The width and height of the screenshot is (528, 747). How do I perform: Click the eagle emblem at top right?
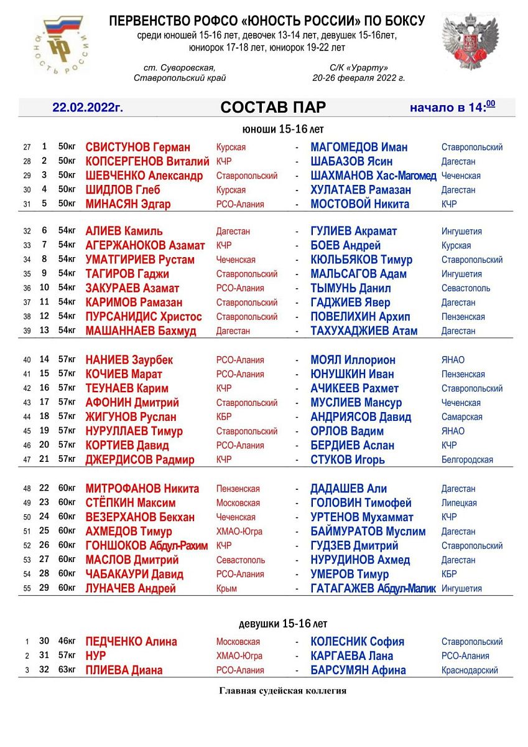click(470, 42)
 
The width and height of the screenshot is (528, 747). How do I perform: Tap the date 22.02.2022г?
click(88, 108)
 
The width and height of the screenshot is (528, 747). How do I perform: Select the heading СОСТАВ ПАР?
click(273, 108)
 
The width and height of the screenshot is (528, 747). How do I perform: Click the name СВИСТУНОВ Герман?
click(137, 148)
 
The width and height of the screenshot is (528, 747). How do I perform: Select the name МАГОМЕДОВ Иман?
click(359, 148)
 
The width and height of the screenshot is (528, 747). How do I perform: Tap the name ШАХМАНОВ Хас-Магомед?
click(373, 176)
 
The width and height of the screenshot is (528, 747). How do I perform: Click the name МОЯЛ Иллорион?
click(353, 360)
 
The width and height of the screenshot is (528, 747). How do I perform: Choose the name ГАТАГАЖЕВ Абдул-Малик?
click(373, 588)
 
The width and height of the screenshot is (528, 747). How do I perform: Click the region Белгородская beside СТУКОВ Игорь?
click(467, 460)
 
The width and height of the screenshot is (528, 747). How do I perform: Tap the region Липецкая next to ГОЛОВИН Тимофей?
click(459, 503)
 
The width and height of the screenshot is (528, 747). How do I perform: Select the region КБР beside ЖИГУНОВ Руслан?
click(224, 417)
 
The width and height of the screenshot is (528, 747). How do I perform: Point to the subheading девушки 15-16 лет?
click(283, 624)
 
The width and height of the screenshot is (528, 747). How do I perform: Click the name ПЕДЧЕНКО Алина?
click(131, 642)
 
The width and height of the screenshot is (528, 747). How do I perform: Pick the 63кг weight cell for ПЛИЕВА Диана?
click(67, 670)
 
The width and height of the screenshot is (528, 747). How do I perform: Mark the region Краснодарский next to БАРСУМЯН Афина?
click(470, 670)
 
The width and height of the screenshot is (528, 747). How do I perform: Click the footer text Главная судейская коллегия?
click(282, 691)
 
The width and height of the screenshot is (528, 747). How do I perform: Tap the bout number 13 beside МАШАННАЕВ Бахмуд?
click(44, 331)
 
